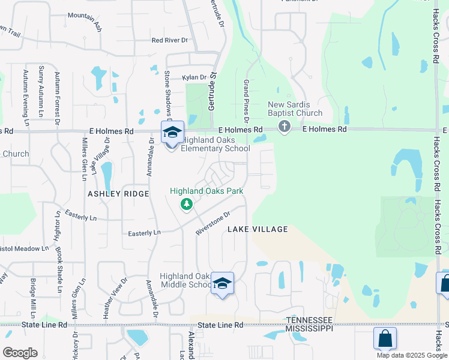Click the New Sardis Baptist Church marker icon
tap(285, 127)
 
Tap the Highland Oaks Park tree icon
tap(187, 205)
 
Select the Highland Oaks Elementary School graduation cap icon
tap(172, 133)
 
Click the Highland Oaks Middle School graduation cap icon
tap(222, 283)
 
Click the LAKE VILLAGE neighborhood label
tap(258, 229)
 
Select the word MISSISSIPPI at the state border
tap(309, 329)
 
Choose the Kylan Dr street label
tap(194, 77)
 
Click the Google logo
tap(20, 352)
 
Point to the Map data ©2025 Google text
tap(412, 355)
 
